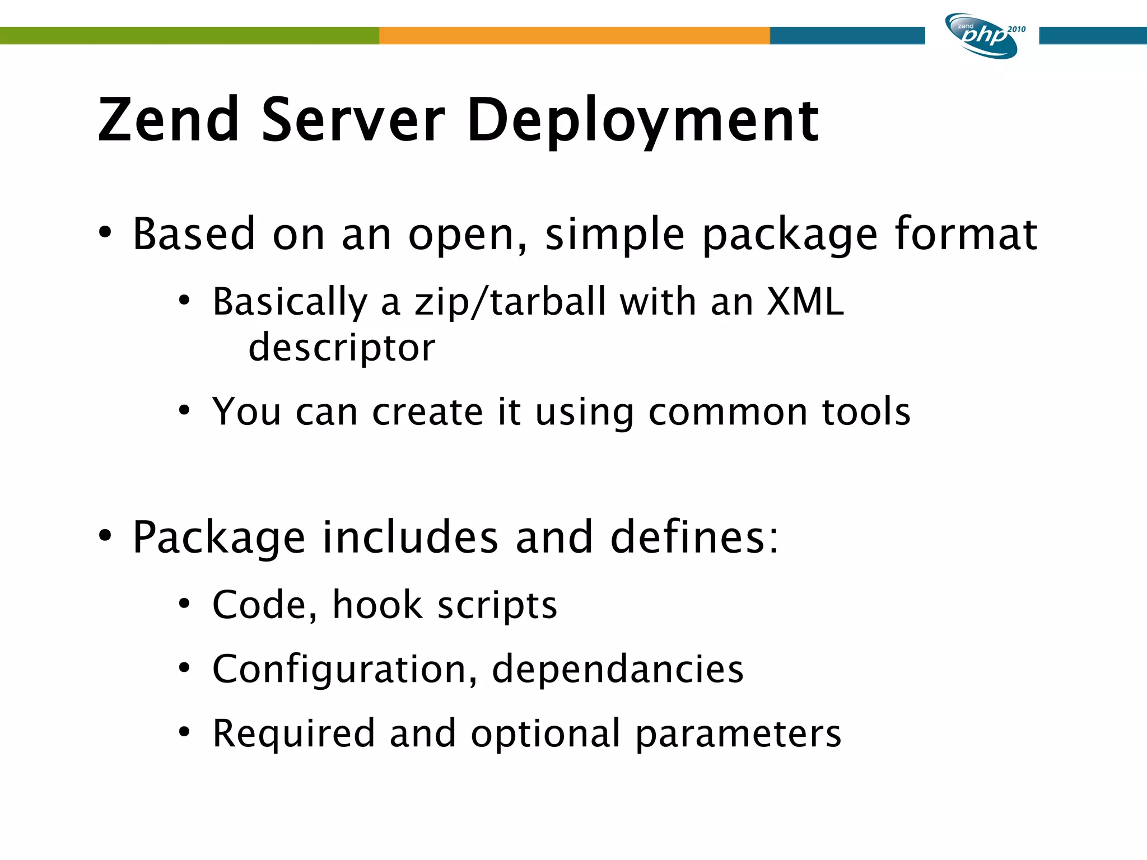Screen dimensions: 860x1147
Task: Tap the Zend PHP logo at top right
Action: click(x=981, y=36)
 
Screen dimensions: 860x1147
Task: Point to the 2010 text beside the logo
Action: click(x=1017, y=29)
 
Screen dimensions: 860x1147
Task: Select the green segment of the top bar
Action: click(x=189, y=35)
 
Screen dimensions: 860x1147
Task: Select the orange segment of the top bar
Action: click(x=574, y=35)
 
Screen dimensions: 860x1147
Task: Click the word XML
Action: click(x=805, y=302)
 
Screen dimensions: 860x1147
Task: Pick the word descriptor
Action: click(x=342, y=348)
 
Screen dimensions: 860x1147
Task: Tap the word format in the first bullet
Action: click(x=966, y=234)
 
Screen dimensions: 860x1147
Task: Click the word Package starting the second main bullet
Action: click(x=219, y=537)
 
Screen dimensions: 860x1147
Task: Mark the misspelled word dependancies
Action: click(x=617, y=669)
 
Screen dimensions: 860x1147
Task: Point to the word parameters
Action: click(x=738, y=733)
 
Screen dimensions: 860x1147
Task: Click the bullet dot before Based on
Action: click(x=105, y=232)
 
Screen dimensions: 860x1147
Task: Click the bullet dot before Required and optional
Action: click(x=184, y=732)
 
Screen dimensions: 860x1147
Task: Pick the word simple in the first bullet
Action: click(x=614, y=234)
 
